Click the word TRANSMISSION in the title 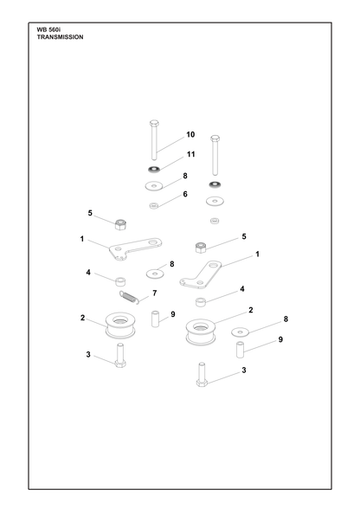click(x=60, y=37)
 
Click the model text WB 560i click(x=47, y=29)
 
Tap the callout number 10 click(x=190, y=134)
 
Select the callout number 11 click(x=191, y=154)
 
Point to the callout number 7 click(x=155, y=293)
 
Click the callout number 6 click(x=185, y=194)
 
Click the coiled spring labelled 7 click(x=129, y=298)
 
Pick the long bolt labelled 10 click(x=154, y=140)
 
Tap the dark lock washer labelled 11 click(x=154, y=169)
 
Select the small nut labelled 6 click(x=154, y=206)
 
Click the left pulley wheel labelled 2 click(x=120, y=325)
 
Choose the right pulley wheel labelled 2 click(x=201, y=332)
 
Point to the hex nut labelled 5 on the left click(x=120, y=224)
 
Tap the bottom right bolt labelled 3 click(x=202, y=375)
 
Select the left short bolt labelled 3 click(x=120, y=356)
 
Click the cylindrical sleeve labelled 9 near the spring click(x=155, y=319)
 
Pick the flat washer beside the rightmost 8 click(x=240, y=332)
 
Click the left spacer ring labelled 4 click(x=121, y=281)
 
